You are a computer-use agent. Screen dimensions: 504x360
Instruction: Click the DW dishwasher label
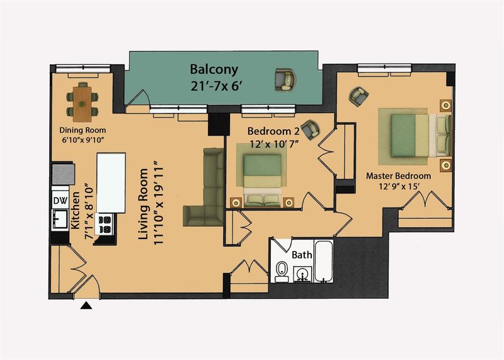pyautogui.click(x=60, y=200)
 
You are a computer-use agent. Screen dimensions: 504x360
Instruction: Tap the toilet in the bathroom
pyautogui.click(x=282, y=271)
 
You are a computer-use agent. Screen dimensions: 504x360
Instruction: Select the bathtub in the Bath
pyautogui.click(x=324, y=261)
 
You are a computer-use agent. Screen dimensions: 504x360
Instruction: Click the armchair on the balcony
pyautogui.click(x=285, y=80)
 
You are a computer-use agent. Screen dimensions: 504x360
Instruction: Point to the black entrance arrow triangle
pyautogui.click(x=86, y=305)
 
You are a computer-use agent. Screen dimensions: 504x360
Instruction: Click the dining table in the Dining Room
pyautogui.click(x=83, y=104)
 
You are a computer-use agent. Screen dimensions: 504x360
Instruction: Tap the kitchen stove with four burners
pyautogui.click(x=105, y=224)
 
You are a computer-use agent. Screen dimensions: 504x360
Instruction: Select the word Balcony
pyautogui.click(x=214, y=69)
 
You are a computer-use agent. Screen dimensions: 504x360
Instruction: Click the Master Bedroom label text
pyautogui.click(x=399, y=176)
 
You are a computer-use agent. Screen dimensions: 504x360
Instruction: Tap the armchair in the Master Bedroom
pyautogui.click(x=358, y=96)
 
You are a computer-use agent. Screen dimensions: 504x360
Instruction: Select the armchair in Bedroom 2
pyautogui.click(x=311, y=129)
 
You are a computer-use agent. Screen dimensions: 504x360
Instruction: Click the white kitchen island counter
pyautogui.click(x=112, y=183)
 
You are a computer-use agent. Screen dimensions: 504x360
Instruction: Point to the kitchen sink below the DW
pyautogui.click(x=60, y=219)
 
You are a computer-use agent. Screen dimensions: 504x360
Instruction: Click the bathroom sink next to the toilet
pyautogui.click(x=302, y=274)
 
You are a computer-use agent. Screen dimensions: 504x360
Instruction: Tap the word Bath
pyautogui.click(x=302, y=255)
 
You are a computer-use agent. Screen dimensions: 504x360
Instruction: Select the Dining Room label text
pyautogui.click(x=83, y=131)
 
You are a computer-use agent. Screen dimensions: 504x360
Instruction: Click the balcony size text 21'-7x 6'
pyautogui.click(x=215, y=86)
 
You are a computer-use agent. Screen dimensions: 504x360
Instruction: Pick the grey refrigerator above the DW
pyautogui.click(x=64, y=174)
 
